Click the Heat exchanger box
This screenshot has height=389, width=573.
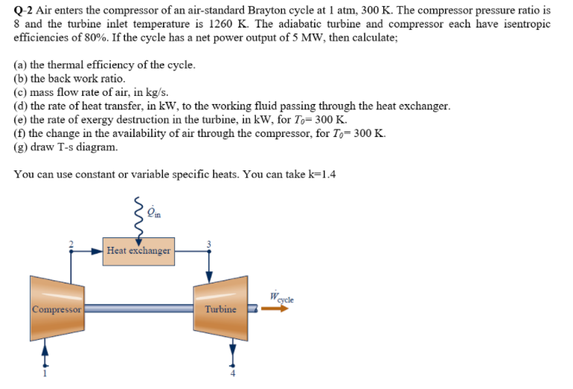(138, 251)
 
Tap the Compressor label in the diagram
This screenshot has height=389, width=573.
(56, 308)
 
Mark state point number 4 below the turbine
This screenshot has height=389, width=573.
(232, 372)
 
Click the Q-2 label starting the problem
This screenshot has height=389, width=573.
(22, 11)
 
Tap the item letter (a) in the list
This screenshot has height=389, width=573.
(20, 65)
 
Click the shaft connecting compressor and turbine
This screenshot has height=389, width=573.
(138, 308)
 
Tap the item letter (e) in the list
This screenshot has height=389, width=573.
(20, 119)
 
